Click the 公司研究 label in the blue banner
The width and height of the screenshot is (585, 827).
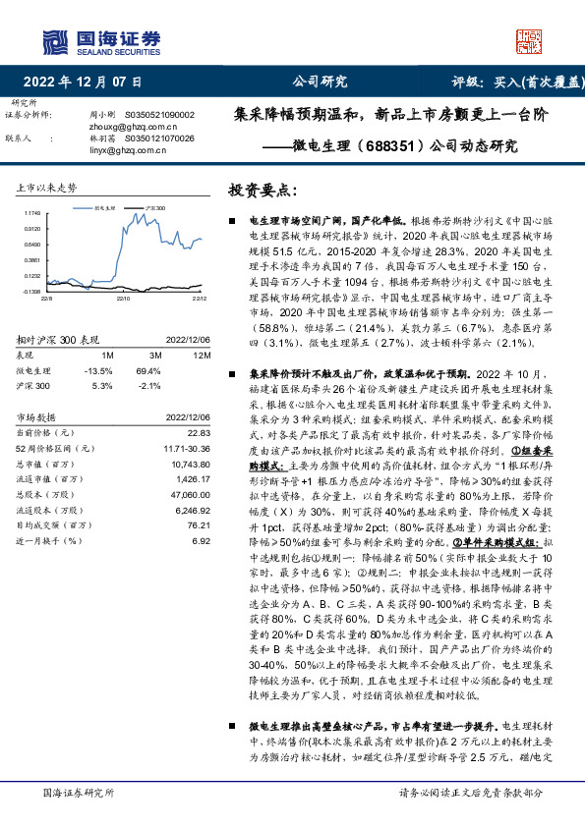[321, 83]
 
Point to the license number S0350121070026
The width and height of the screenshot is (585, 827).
[157, 138]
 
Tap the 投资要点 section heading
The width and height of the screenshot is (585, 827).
[262, 189]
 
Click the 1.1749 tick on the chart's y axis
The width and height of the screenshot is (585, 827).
[32, 211]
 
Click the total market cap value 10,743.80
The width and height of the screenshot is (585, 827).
[191, 463]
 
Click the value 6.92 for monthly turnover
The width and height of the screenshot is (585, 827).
[202, 539]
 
